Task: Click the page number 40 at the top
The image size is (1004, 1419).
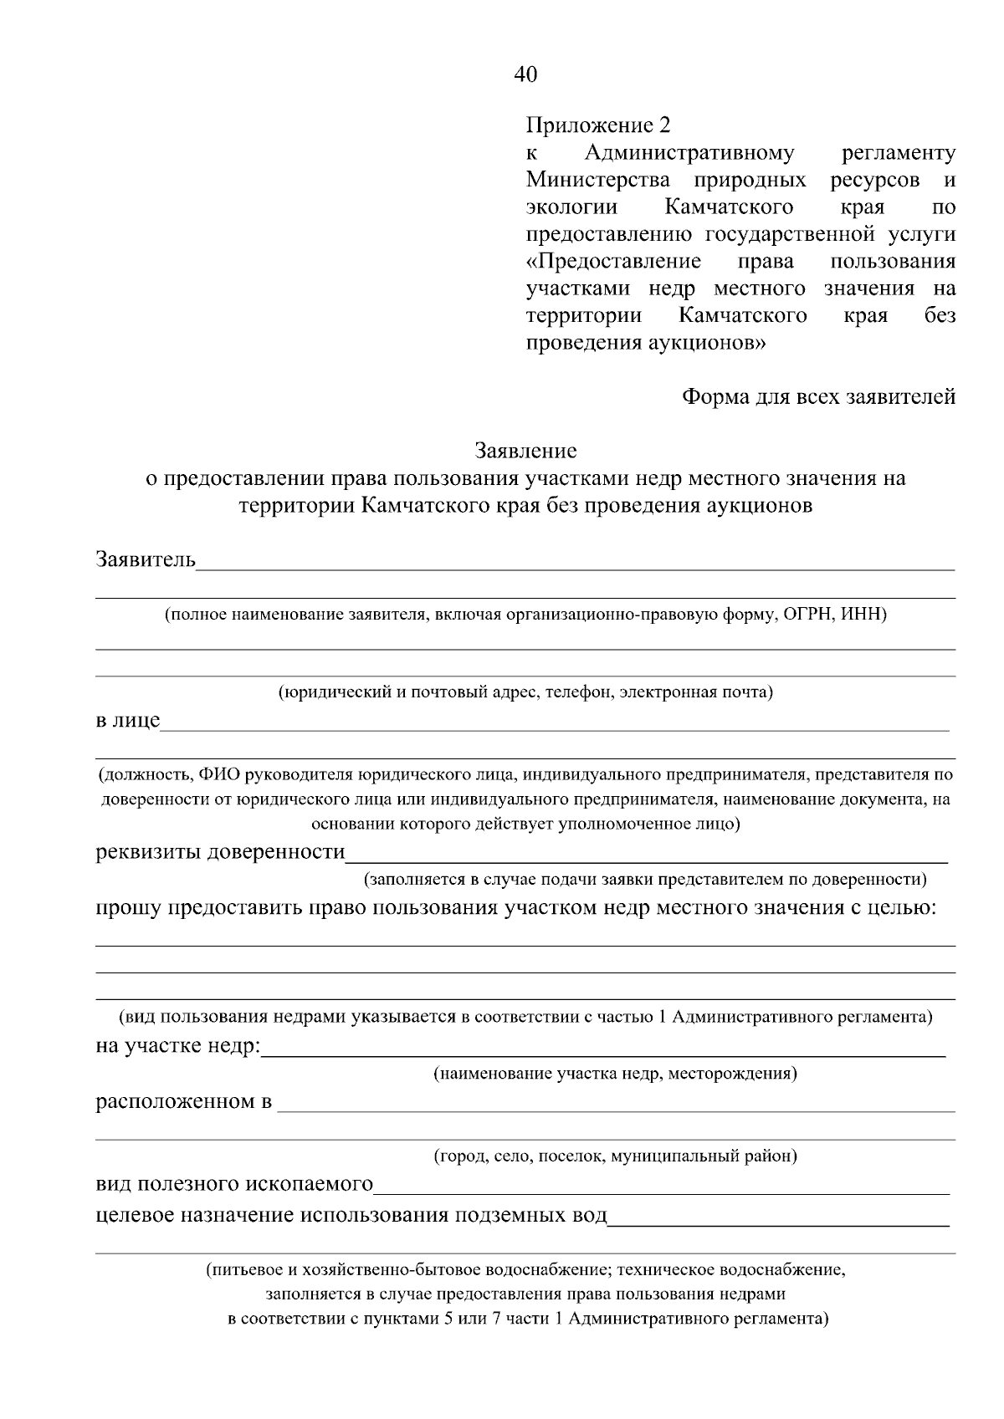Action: pyautogui.click(x=525, y=74)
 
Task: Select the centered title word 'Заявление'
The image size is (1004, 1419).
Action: pyautogui.click(x=525, y=451)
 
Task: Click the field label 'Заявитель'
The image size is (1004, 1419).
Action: pyautogui.click(x=146, y=559)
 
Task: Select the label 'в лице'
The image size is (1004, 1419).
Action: pyautogui.click(x=127, y=720)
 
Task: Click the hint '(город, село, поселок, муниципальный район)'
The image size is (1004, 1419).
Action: pyautogui.click(x=614, y=1156)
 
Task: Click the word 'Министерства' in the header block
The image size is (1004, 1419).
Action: pyautogui.click(x=597, y=180)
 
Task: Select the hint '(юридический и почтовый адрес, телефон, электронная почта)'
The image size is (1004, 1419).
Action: pyautogui.click(x=525, y=692)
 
